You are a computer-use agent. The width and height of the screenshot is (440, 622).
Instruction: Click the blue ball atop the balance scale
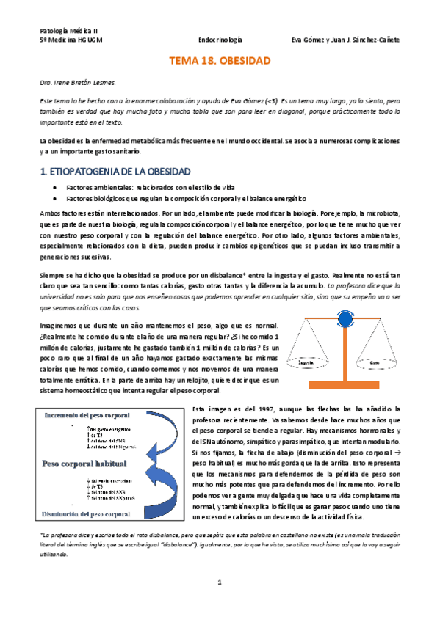(x=343, y=299)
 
